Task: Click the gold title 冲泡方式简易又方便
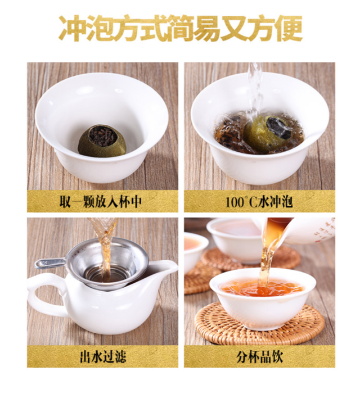pyautogui.click(x=181, y=29)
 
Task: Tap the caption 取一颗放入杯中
pyautogui.click(x=100, y=202)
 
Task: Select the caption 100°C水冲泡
pyautogui.click(x=259, y=202)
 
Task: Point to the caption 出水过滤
pyautogui.click(x=103, y=357)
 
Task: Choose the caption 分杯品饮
pyautogui.click(x=259, y=357)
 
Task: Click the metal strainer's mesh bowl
pyautogui.click(x=108, y=264)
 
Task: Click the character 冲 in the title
pyautogui.click(x=72, y=29)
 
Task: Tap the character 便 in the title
pyautogui.click(x=290, y=29)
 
